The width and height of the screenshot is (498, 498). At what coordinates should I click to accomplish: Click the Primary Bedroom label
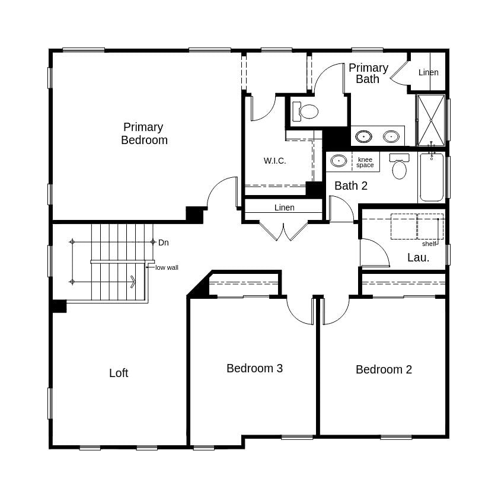click(144, 133)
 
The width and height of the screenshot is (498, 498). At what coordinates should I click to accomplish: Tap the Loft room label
click(119, 373)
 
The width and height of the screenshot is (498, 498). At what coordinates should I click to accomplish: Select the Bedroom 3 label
click(254, 368)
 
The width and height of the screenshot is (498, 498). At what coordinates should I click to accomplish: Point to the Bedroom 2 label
click(384, 369)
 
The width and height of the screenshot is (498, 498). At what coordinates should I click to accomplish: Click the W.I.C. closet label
click(274, 161)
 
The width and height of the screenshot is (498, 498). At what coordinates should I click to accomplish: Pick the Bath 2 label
click(350, 186)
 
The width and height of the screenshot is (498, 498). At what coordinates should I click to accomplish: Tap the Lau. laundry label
click(418, 257)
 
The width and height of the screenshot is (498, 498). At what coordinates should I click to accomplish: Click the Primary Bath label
click(368, 74)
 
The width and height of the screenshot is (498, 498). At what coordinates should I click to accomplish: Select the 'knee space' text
click(365, 162)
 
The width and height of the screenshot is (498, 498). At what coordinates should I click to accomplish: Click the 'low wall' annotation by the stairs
click(167, 267)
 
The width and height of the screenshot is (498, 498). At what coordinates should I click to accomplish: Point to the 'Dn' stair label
click(164, 242)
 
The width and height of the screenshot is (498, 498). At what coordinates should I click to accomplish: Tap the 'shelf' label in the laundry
click(429, 244)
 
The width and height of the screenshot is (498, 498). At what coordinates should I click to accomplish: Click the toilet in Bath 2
click(400, 168)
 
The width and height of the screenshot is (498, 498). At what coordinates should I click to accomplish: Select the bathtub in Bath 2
click(432, 178)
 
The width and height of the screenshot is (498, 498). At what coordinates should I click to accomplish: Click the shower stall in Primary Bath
click(430, 120)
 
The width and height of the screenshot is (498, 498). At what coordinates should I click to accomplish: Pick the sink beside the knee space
click(339, 161)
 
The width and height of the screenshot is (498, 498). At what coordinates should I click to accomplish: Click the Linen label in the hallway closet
click(284, 207)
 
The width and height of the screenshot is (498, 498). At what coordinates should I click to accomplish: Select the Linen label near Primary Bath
click(428, 72)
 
